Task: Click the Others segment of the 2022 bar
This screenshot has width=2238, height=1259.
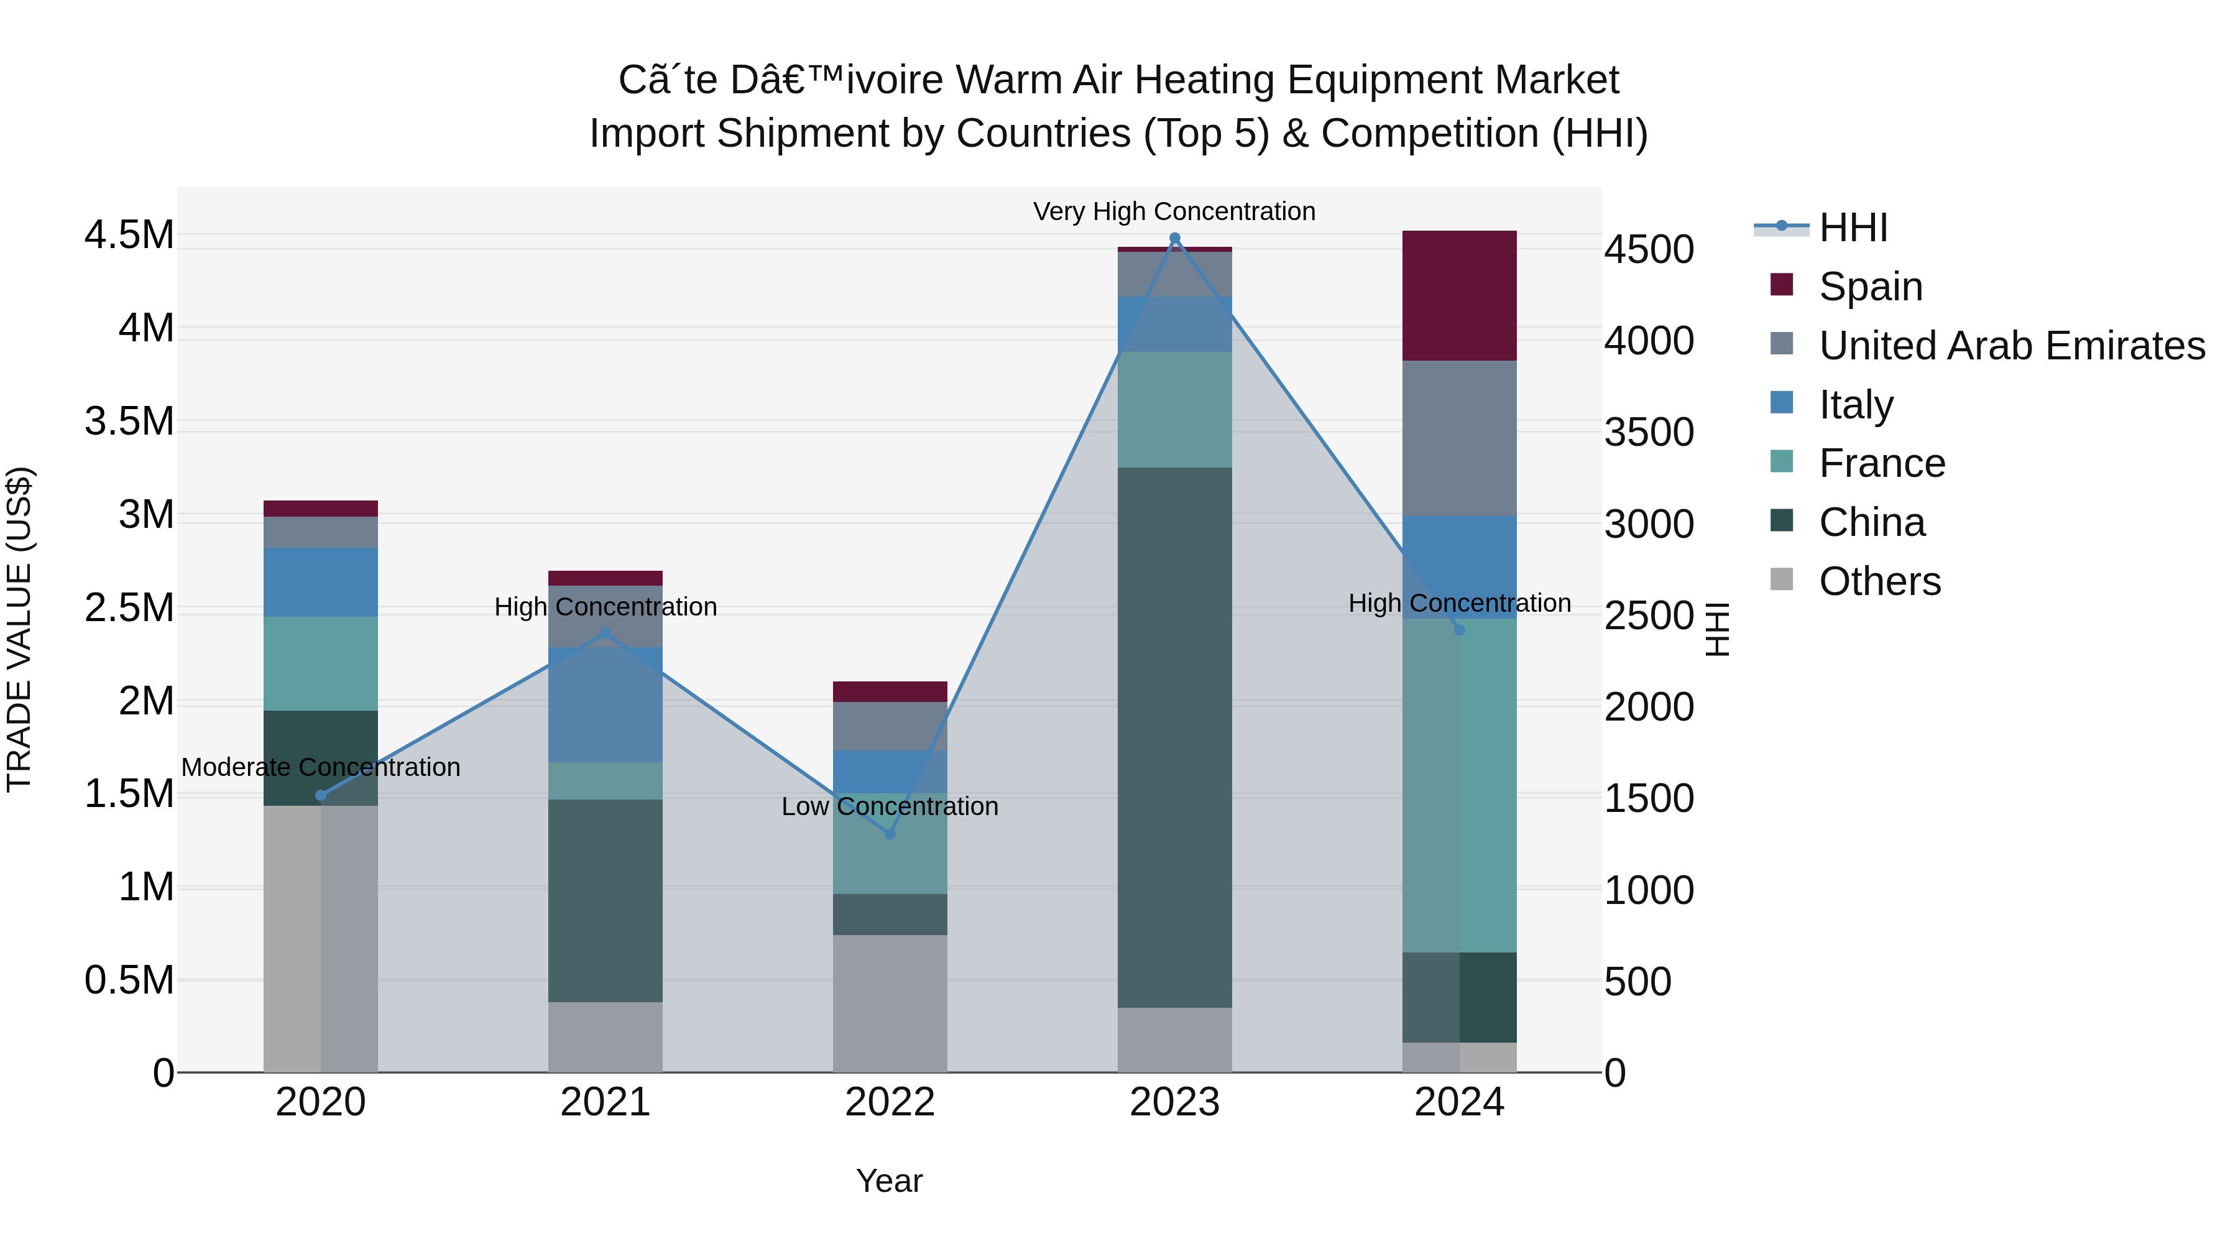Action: coord(889,1003)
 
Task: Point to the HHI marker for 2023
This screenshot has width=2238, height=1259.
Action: coord(1174,238)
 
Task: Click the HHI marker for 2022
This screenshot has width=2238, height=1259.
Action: coord(889,833)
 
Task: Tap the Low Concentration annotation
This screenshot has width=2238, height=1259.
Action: coord(889,806)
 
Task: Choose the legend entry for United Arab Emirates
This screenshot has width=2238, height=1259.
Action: coord(2010,345)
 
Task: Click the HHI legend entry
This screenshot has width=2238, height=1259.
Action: coord(1853,228)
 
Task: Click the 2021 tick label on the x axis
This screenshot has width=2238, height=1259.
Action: coord(605,1102)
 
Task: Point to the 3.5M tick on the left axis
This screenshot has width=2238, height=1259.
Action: coord(129,422)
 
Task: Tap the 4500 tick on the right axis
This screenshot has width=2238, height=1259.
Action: coord(1648,249)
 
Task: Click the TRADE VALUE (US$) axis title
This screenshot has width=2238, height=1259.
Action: coord(19,629)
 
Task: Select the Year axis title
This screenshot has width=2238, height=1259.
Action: coord(889,1180)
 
